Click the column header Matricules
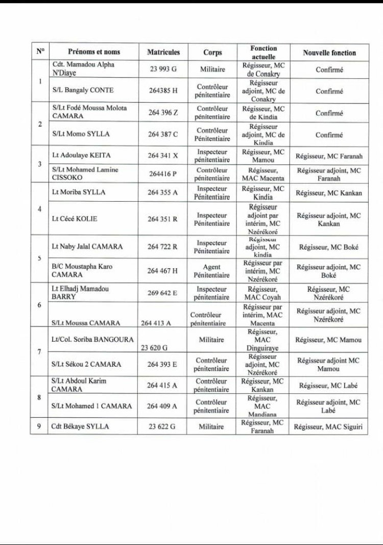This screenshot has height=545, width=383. (163, 52)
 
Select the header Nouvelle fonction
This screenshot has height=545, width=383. (329, 53)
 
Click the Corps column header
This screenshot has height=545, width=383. (212, 53)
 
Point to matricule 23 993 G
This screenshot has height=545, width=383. (163, 69)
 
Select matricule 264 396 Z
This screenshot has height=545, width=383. (163, 112)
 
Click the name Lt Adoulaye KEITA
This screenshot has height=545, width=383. (81, 155)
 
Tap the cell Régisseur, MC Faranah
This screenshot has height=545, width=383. (329, 155)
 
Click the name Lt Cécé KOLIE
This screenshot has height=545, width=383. (75, 219)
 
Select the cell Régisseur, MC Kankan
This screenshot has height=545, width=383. (329, 193)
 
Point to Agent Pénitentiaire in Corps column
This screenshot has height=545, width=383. (212, 271)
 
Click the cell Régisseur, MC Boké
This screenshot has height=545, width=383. (329, 247)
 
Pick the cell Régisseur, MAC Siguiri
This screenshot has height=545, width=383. (329, 426)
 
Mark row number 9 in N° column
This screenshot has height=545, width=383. (39, 426)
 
